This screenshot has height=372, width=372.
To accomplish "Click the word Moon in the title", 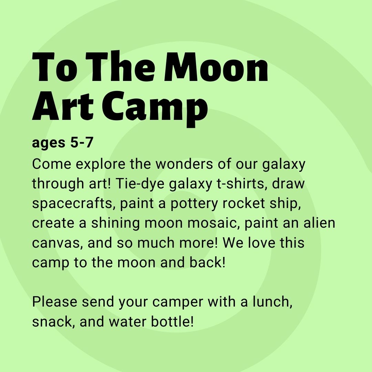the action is [216, 67].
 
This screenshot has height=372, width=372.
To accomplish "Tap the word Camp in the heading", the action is [155, 108].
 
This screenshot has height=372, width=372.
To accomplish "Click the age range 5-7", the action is [82, 143].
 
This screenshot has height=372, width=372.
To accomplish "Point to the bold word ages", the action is [49, 144].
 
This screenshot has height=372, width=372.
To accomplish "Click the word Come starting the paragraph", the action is [51, 164].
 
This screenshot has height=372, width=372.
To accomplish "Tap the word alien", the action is [319, 223].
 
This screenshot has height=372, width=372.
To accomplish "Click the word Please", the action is [54, 302].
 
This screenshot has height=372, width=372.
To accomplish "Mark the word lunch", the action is [272, 302].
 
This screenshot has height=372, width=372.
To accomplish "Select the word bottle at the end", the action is [172, 322].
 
